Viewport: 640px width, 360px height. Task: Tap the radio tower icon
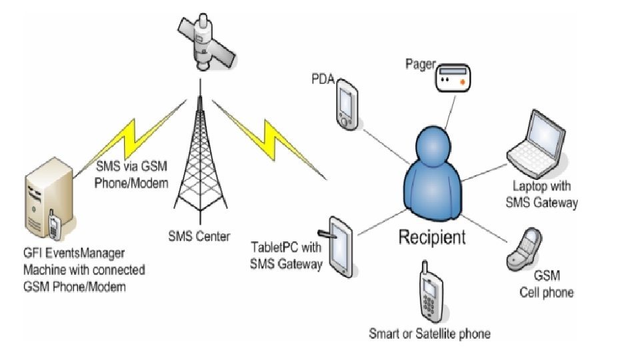pyautogui.click(x=199, y=153)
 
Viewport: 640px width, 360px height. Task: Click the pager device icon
pyautogui.click(x=453, y=77)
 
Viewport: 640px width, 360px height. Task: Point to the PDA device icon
pyautogui.click(x=347, y=103)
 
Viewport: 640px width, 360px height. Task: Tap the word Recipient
pyautogui.click(x=432, y=236)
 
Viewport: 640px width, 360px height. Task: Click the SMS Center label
pyautogui.click(x=199, y=236)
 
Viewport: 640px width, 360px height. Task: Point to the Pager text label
pyautogui.click(x=420, y=64)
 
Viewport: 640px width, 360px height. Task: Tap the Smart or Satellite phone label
pyautogui.click(x=429, y=333)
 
